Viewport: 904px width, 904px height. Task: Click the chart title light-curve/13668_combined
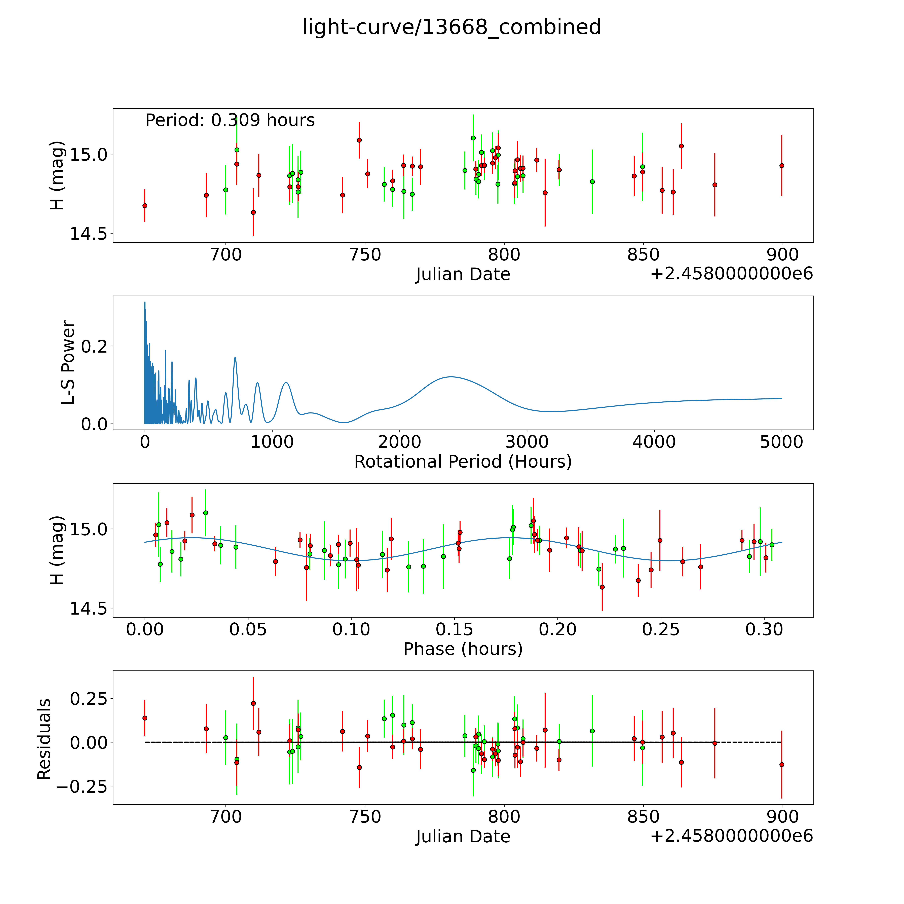tap(451, 27)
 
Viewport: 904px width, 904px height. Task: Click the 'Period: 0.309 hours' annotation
tap(230, 121)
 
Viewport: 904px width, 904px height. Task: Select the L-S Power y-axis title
tap(68, 363)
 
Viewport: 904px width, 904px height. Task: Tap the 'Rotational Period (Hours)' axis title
tap(463, 462)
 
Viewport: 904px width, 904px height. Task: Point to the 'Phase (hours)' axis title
tap(463, 649)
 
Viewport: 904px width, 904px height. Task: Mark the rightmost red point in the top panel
tap(781, 166)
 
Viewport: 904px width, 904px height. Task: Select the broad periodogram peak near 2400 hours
tap(450, 377)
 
